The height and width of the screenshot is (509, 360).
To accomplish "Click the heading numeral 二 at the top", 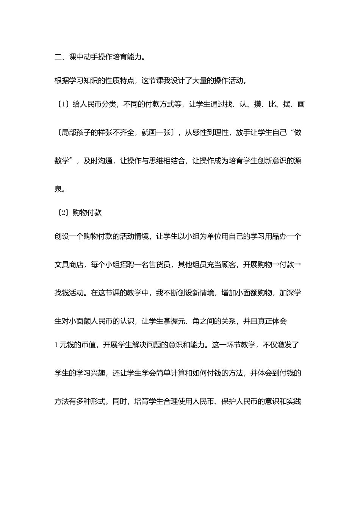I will [x=58, y=57].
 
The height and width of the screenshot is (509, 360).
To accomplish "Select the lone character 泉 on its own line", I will [x=58, y=189].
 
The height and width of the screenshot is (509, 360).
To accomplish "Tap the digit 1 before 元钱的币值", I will [x=56, y=345].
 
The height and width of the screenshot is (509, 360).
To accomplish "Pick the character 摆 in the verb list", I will [x=287, y=104].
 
